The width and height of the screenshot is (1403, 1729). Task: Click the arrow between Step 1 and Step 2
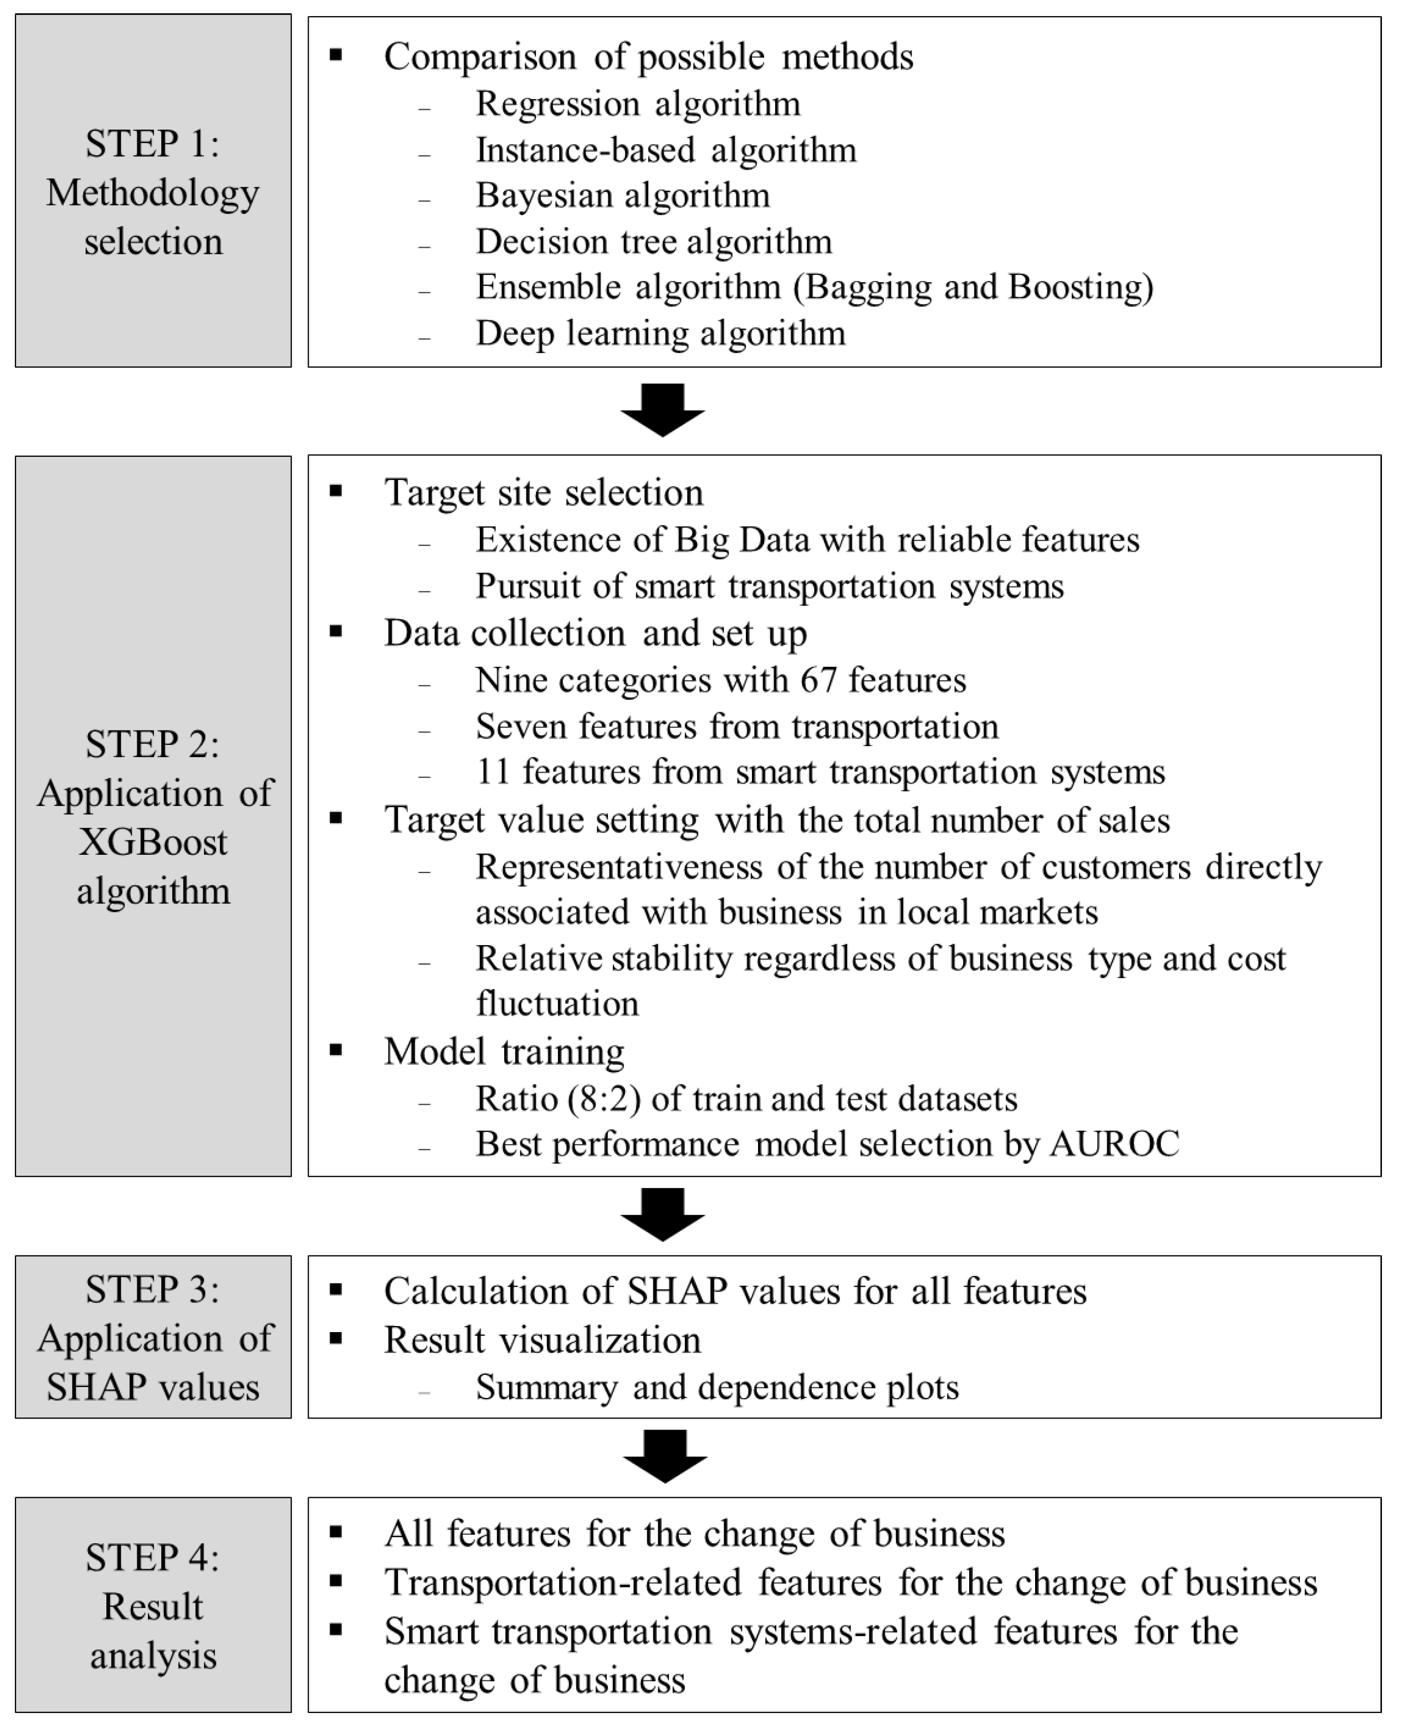pyautogui.click(x=663, y=410)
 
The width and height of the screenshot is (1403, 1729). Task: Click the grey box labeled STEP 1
pyautogui.click(x=153, y=191)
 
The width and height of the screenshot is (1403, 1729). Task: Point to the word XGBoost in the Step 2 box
pyautogui.click(x=153, y=842)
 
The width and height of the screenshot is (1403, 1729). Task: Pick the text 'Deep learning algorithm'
pyautogui.click(x=660, y=333)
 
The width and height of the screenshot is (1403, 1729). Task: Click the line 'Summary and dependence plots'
pyautogui.click(x=717, y=1387)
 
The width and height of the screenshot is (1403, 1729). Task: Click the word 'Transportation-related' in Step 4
pyautogui.click(x=564, y=1583)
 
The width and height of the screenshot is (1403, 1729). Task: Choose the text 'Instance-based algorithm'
pyautogui.click(x=666, y=150)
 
